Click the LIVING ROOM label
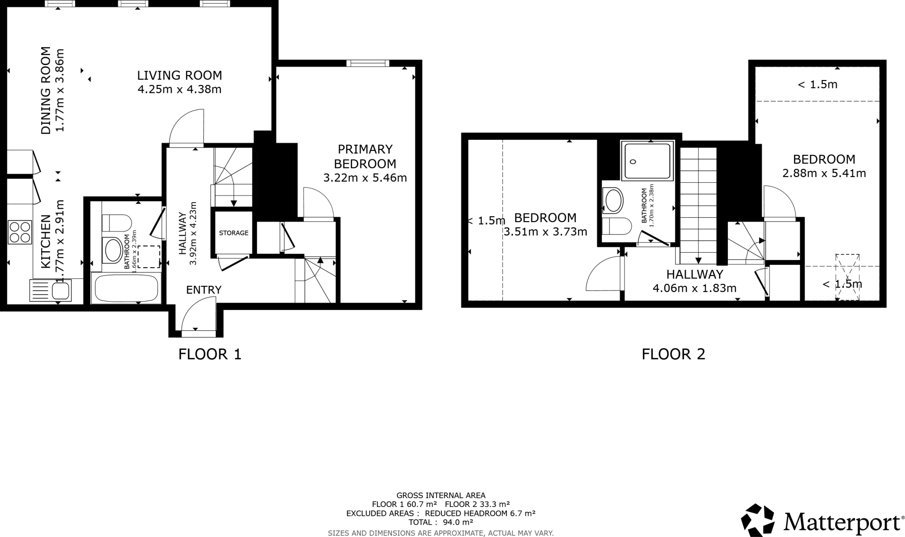(x=179, y=75)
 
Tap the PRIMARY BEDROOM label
(x=365, y=156)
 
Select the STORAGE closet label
(x=234, y=233)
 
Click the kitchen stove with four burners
(x=20, y=232)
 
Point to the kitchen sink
(x=60, y=291)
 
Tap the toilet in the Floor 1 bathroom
(x=117, y=222)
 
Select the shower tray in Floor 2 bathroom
(x=648, y=161)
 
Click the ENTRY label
(x=204, y=290)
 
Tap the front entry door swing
(x=197, y=315)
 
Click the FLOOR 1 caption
(x=210, y=354)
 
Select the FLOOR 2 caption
(x=673, y=354)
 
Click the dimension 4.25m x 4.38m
(x=179, y=89)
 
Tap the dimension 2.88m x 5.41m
(x=824, y=173)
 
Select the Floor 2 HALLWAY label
(x=695, y=274)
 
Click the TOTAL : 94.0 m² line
(x=441, y=522)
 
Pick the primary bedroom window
(x=368, y=63)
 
